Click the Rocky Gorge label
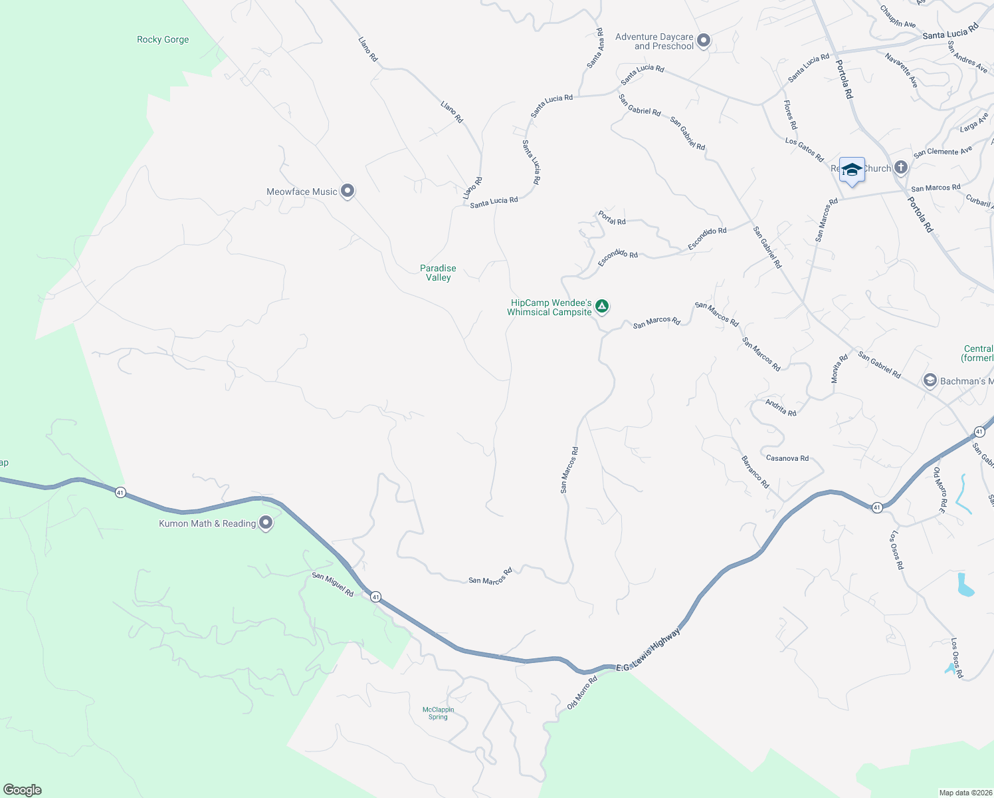pos(163,40)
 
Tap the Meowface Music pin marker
pos(347,192)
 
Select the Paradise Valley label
pos(438,273)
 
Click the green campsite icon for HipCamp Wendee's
pos(601,306)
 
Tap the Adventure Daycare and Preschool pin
pos(704,41)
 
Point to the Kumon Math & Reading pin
pos(266,523)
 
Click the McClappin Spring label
pos(438,713)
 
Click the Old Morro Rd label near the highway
pos(582,692)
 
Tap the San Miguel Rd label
pos(333,585)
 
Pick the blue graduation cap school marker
pos(852,170)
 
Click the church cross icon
pos(901,168)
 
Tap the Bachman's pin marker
pos(930,381)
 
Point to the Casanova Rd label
pos(787,458)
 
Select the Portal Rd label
pos(612,217)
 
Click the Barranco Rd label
pos(755,471)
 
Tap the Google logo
pos(23,790)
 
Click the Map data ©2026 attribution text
pos(964,793)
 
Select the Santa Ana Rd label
pos(595,48)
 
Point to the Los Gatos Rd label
pos(804,150)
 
